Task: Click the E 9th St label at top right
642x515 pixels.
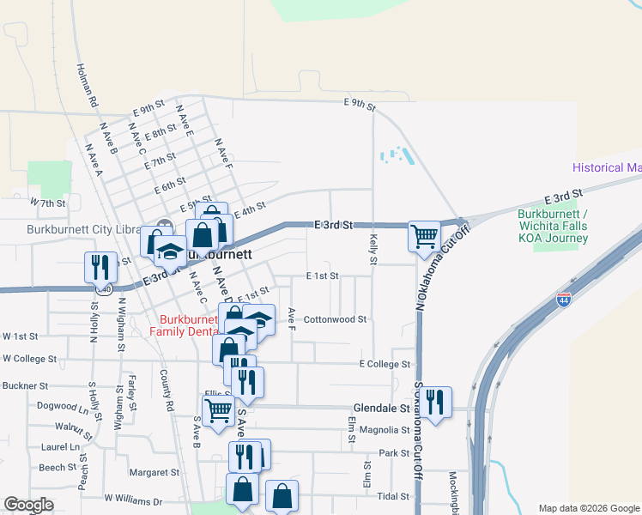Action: [360, 105]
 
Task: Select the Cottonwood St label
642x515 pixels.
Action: [335, 318]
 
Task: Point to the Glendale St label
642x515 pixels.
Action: [382, 409]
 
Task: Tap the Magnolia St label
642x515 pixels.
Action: [385, 430]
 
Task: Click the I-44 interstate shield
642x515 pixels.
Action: [563, 300]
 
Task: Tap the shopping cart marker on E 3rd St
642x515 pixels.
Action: [424, 236]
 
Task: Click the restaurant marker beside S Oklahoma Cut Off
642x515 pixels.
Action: [435, 401]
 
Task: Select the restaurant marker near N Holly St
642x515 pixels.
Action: [100, 266]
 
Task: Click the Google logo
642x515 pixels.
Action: [28, 505]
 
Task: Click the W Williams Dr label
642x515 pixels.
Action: [133, 498]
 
